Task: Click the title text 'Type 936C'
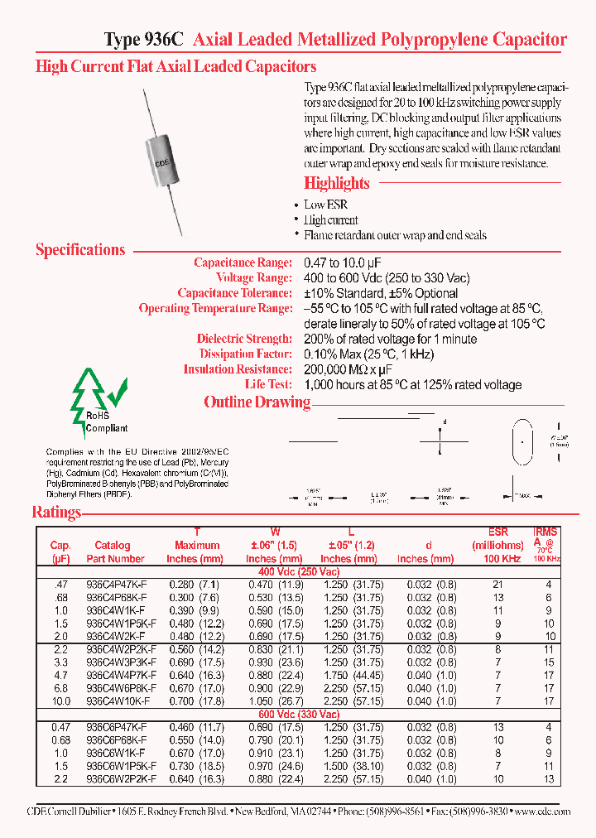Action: point(145,40)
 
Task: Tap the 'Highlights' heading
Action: point(336,183)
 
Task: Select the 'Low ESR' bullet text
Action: point(325,205)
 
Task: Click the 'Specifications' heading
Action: point(80,250)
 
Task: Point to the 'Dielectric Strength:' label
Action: point(244,339)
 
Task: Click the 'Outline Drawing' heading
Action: point(257,402)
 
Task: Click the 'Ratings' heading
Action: point(56,512)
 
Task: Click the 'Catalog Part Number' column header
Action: point(115,552)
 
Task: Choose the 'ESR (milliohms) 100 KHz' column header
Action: point(497,546)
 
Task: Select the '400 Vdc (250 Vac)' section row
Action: point(299,571)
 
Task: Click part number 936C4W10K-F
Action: point(118,701)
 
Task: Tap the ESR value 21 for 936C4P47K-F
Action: point(497,585)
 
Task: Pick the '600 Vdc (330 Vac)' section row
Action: point(299,714)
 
